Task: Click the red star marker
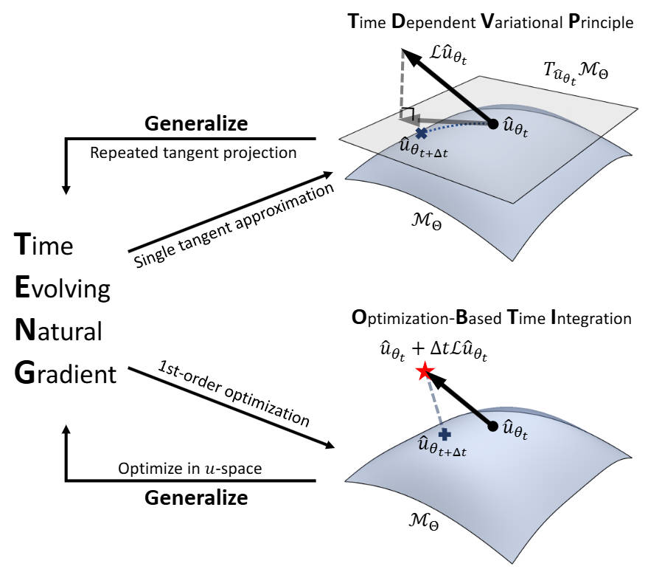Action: pos(423,371)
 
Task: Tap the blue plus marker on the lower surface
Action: pos(444,435)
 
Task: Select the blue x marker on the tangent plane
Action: pos(421,134)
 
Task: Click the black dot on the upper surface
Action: pos(493,124)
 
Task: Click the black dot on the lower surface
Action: pos(493,426)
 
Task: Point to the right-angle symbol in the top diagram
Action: pos(405,114)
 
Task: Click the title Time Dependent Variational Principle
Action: pos(490,22)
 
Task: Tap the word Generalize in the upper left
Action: pos(195,123)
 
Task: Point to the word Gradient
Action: pos(66,374)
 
